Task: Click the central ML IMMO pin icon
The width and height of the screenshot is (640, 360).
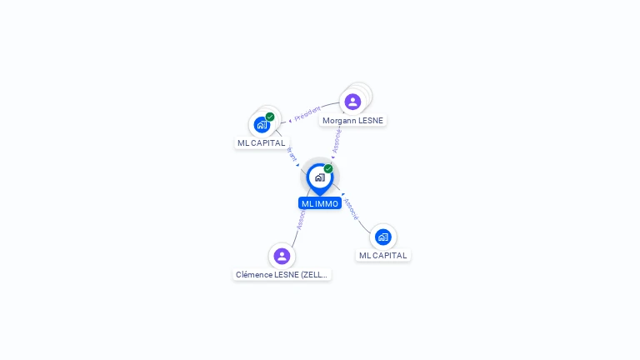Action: [319, 177]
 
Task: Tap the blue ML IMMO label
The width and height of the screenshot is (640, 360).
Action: [320, 203]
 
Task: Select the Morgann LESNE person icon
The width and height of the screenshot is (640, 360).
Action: [352, 102]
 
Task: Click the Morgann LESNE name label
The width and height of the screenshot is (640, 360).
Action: [352, 120]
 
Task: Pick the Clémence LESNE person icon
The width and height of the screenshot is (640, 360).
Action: [282, 256]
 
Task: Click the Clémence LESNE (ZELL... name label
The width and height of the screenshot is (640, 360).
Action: [282, 274]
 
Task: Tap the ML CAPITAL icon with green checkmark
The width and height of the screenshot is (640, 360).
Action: [262, 125]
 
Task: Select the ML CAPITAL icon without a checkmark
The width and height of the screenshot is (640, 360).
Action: [382, 237]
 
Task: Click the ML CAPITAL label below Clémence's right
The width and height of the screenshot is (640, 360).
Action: [382, 255]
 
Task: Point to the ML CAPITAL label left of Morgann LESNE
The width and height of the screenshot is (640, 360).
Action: [261, 142]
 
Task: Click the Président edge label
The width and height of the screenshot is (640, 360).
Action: [307, 113]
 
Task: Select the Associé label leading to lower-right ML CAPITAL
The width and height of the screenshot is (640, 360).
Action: [351, 208]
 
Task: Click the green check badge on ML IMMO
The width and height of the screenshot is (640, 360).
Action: [328, 168]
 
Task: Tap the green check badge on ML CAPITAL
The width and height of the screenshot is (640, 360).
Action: [270, 117]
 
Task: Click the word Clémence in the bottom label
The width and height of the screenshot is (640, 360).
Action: [252, 274]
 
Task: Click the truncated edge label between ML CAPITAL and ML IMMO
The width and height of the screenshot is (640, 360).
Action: [292, 154]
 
